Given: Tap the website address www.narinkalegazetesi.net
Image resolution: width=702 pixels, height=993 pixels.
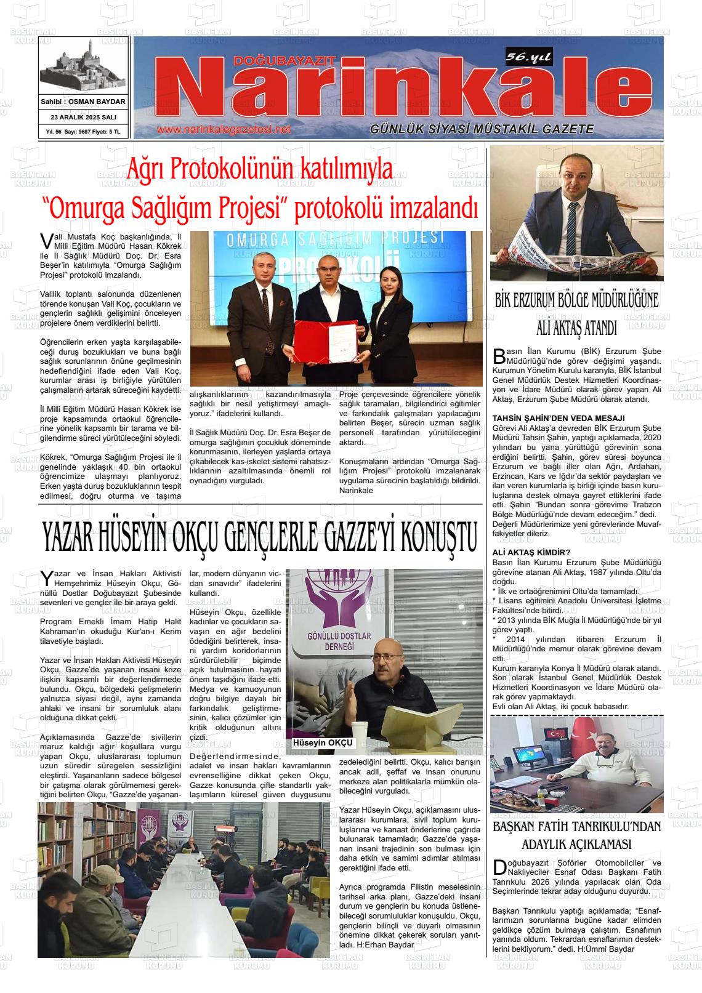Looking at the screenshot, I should pyautogui.click(x=224, y=130).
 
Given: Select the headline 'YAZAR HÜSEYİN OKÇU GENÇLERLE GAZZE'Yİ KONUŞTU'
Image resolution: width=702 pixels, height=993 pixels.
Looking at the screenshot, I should pyautogui.click(x=259, y=537).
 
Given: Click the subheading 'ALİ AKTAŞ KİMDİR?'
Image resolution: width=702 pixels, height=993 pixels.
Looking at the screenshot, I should pyautogui.click(x=531, y=552).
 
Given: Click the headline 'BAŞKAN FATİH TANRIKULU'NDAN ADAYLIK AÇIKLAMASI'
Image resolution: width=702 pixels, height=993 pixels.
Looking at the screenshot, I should pyautogui.click(x=577, y=835).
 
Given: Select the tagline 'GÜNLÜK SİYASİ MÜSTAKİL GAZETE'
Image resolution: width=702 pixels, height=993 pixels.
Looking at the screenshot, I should pyautogui.click(x=482, y=129).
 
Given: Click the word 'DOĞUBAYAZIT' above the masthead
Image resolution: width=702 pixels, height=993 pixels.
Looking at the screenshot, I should pyautogui.click(x=285, y=60).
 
